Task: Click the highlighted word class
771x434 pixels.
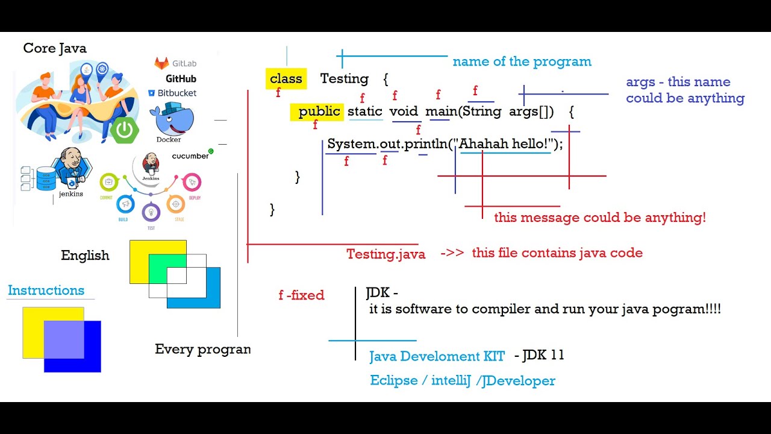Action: point(286,79)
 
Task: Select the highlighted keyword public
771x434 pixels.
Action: point(319,112)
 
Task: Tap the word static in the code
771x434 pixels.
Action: point(365,112)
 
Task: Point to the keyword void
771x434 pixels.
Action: point(404,112)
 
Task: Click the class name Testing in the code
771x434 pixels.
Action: point(344,79)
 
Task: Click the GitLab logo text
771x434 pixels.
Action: point(176,63)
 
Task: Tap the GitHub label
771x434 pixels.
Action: point(181,78)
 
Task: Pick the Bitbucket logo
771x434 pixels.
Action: point(172,93)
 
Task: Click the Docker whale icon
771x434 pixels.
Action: point(173,119)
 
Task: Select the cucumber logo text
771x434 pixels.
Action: point(190,156)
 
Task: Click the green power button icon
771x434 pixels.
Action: point(125,130)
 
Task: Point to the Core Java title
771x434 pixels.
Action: point(55,48)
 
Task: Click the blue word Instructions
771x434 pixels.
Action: point(46,290)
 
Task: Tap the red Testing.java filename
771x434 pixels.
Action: point(385,254)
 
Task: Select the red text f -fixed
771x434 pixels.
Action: point(301,295)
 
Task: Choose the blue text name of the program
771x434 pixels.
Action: point(522,61)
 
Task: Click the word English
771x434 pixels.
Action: point(85,255)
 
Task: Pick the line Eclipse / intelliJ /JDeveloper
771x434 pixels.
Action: point(462,380)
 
